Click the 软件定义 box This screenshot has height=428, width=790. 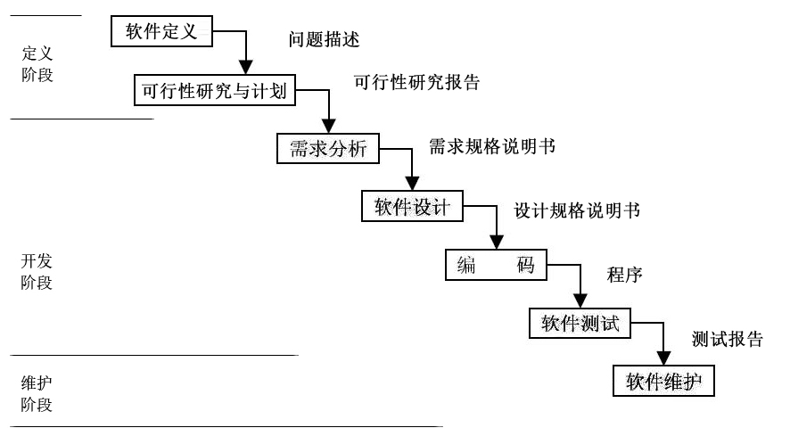pyautogui.click(x=161, y=32)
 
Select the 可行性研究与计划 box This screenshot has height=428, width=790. pyautogui.click(x=214, y=91)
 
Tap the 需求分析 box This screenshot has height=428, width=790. pyautogui.click(x=327, y=149)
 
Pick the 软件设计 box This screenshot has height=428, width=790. pyautogui.click(x=412, y=207)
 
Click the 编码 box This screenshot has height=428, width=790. pyautogui.click(x=495, y=265)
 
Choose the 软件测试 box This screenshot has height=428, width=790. pyautogui.click(x=580, y=323)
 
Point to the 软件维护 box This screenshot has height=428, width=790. pyautogui.click(x=663, y=382)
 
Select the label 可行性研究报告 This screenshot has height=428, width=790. pyautogui.click(x=417, y=83)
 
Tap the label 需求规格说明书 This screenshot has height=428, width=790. pyautogui.click(x=492, y=146)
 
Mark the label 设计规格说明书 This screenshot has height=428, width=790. pyautogui.click(x=577, y=211)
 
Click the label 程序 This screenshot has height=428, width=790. pyautogui.click(x=625, y=275)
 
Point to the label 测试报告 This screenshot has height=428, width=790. pyautogui.click(x=728, y=340)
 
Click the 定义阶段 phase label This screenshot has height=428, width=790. pyautogui.click(x=37, y=64)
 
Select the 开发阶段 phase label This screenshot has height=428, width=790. pyautogui.click(x=37, y=272)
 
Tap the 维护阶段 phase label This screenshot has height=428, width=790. pyautogui.click(x=37, y=393)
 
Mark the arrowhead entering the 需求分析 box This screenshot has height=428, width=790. pyautogui.click(x=328, y=127)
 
